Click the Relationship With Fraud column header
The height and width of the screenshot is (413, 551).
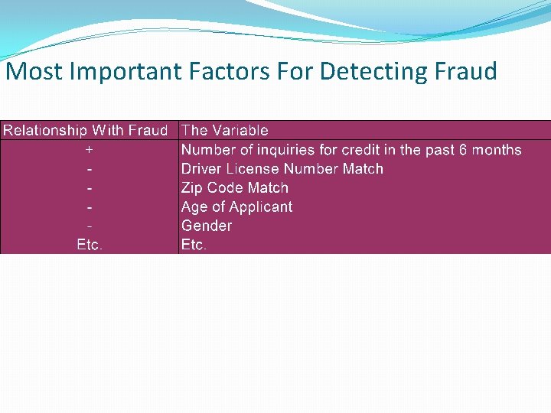click(85, 131)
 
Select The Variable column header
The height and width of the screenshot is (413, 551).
click(225, 131)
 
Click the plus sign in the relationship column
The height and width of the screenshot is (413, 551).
click(90, 150)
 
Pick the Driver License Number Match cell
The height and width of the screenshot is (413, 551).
click(282, 169)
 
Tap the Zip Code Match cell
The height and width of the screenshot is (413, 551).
click(234, 188)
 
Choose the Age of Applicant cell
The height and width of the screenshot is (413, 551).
click(236, 207)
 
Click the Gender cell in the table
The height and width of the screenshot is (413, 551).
click(206, 226)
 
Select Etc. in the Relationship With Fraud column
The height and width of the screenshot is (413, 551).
click(90, 246)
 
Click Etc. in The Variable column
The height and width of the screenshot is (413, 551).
click(194, 246)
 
